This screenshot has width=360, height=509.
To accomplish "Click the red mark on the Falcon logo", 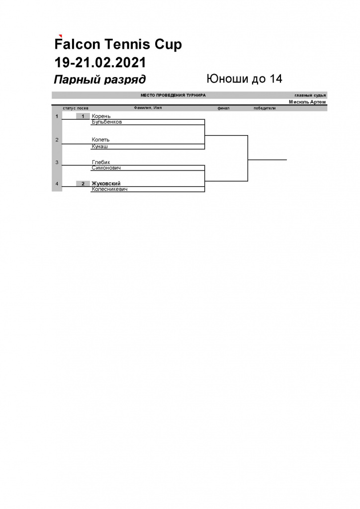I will coord(60,36).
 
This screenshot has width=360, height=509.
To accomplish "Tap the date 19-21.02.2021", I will coord(100,63).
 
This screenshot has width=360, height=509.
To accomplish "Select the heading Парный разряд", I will coord(99,80).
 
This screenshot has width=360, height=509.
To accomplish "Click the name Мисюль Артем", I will coord(307,102).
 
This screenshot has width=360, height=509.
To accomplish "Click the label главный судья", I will coord(310,95).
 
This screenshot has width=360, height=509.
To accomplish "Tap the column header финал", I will coord(223,108).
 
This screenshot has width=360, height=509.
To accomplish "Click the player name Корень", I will coord(101,116).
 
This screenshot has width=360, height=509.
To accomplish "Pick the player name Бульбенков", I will coord(107,122).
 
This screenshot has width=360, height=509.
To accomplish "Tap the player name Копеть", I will coord(100,140).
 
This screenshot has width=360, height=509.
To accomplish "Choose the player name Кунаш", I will coord(100,147).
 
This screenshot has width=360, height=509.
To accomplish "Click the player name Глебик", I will coord(101,162).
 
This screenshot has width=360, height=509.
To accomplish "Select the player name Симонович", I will coord(106,168).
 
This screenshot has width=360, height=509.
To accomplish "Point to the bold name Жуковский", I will coord(106,183).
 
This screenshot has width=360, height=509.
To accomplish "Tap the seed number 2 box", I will coord(83,183).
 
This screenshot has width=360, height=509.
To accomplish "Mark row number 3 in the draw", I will coord(57,162).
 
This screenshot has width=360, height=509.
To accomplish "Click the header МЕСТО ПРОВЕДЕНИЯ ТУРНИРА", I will coord(173,95).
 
